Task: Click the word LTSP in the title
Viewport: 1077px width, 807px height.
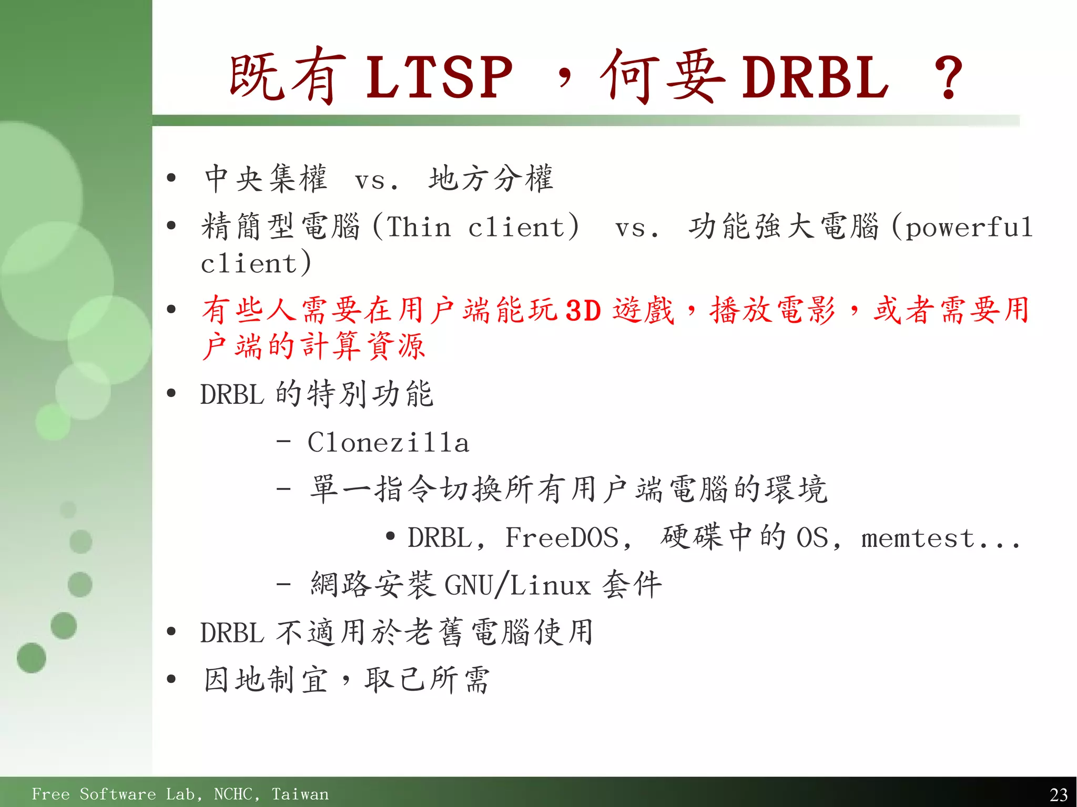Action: coord(439,78)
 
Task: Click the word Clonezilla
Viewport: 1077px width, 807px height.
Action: coord(388,443)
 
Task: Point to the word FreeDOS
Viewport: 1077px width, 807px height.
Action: coord(562,538)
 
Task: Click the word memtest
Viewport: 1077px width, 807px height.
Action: coord(918,538)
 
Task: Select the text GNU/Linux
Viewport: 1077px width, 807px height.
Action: coord(517,585)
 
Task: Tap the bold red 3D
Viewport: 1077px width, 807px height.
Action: coord(583,310)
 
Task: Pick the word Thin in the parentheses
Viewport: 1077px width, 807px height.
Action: coord(419,227)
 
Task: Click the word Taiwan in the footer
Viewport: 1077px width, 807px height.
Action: coord(300,794)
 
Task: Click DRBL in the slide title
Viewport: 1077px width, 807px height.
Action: coord(815,78)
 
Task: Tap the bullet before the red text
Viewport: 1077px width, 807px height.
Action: coord(171,309)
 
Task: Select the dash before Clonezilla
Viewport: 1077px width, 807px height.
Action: coord(283,442)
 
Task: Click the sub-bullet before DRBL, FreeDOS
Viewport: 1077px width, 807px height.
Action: coord(390,537)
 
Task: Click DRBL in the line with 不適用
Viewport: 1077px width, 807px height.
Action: coord(231,632)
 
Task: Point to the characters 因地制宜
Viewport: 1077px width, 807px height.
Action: coord(266,680)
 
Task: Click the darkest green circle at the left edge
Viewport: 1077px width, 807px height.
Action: coord(31,658)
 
